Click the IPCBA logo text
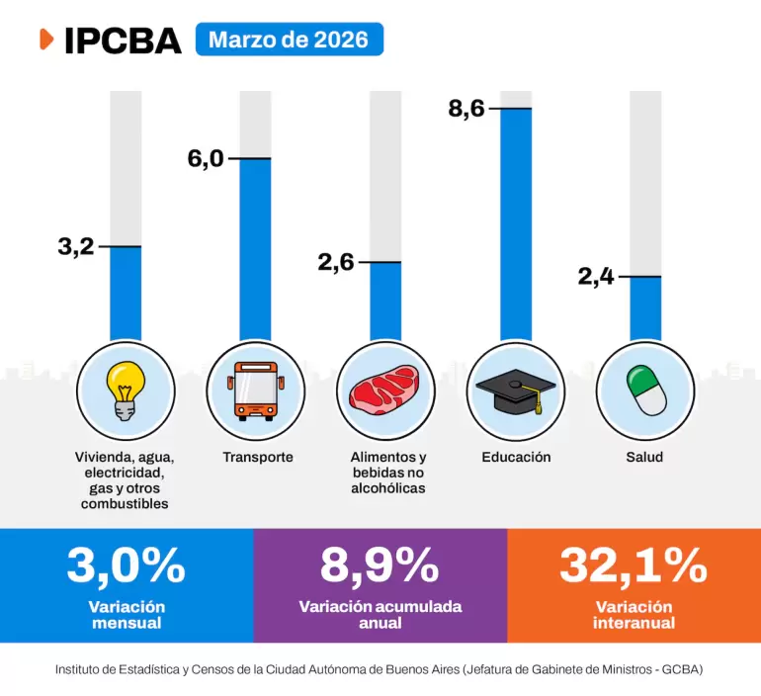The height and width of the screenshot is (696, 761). point(123,40)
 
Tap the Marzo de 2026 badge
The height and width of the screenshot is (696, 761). point(289,40)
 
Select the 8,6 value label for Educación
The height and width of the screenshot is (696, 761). point(466,109)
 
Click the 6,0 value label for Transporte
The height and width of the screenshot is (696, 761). point(206,159)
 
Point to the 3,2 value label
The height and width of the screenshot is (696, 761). point(75,247)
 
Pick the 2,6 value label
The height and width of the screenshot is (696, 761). point(336,263)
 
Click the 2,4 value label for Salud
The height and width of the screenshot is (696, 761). point(596,277)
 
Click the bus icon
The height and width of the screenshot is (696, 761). point(256,390)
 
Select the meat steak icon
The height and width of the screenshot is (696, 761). point(385,389)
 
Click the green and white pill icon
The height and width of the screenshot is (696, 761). point(644,390)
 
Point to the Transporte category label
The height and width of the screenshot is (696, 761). point(258,458)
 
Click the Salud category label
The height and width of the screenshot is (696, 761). point(644,458)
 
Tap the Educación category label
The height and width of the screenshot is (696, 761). point(516,458)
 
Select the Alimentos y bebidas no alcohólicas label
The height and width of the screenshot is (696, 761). point(388,473)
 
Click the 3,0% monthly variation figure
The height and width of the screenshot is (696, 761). point(126,565)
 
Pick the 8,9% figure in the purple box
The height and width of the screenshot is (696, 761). point(380,565)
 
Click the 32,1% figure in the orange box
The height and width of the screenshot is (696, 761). point(634,565)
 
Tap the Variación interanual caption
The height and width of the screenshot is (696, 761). point(634,615)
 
